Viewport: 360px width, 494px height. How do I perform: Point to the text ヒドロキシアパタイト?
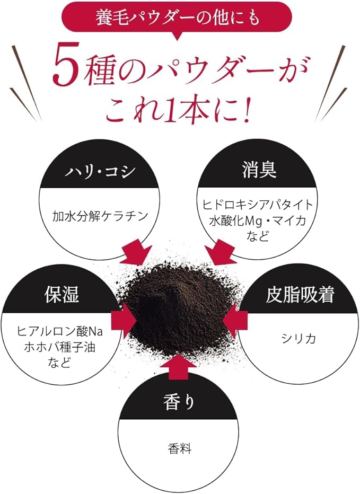point(258,205)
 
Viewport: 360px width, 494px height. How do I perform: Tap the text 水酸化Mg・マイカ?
point(258,219)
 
